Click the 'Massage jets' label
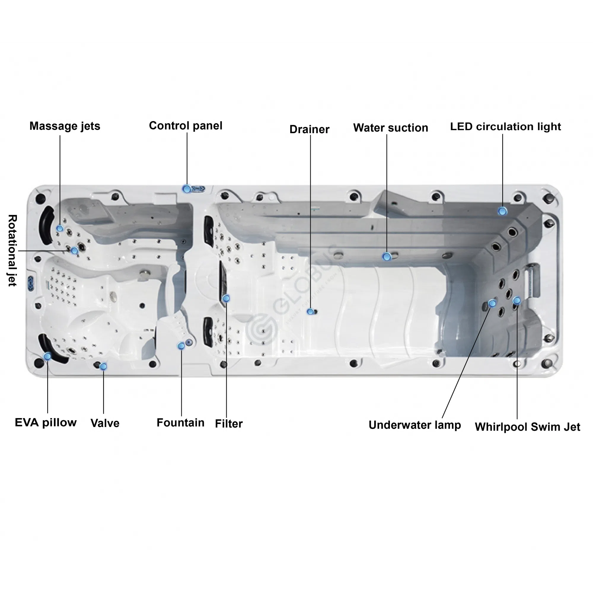[x=65, y=126]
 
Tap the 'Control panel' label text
[x=185, y=125]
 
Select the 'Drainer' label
[x=309, y=129]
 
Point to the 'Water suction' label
[x=390, y=128]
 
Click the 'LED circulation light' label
[x=505, y=127]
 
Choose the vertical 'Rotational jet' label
[x=12, y=251]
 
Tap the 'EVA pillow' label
[x=46, y=422]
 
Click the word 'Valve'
[x=105, y=423]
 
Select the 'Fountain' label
[x=180, y=423]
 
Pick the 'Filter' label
[x=229, y=424]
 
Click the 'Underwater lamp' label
[x=415, y=425]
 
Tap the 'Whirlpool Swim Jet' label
[x=527, y=427]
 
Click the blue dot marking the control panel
[x=186, y=189]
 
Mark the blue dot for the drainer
[x=310, y=312]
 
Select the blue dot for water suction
[x=387, y=256]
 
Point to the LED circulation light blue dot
[x=503, y=211]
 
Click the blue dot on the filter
[x=226, y=298]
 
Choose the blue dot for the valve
[x=103, y=366]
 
